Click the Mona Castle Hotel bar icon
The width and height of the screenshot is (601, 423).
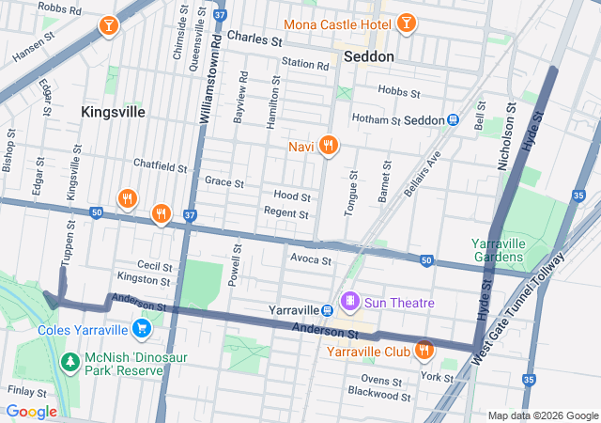click(x=407, y=22)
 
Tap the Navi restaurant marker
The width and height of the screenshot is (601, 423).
click(x=328, y=145)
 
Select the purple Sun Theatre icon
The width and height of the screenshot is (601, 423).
click(x=350, y=302)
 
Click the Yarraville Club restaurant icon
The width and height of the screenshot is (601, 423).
click(x=424, y=351)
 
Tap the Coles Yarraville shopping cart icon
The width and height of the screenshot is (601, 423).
click(x=142, y=328)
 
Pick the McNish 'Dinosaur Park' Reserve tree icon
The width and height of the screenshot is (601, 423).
click(x=69, y=361)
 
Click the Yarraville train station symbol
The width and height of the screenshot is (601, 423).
click(x=326, y=310)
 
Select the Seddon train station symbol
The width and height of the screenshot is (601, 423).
click(x=453, y=119)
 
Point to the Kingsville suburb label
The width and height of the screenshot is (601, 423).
click(x=113, y=112)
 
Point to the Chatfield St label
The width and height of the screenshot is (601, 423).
click(x=161, y=166)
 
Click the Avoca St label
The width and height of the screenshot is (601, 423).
click(x=311, y=258)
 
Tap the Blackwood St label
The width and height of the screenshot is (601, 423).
click(x=378, y=396)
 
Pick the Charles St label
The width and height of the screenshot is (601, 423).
click(x=254, y=40)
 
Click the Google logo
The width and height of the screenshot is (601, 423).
click(x=32, y=411)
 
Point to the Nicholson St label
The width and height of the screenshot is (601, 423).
click(x=507, y=142)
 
